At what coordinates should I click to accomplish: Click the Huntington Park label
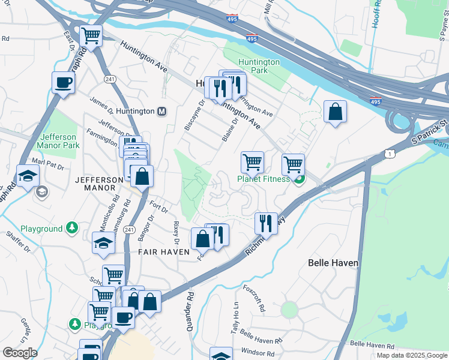[259, 66]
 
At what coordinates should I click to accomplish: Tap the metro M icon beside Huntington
[161, 111]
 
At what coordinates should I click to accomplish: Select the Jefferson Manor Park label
[58, 141]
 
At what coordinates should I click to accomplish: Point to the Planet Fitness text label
[263, 179]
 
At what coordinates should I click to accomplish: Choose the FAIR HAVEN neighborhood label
[165, 252]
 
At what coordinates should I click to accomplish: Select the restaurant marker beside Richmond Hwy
[265, 223]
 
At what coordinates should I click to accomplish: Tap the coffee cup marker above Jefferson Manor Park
[63, 83]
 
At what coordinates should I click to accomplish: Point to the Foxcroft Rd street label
[255, 298]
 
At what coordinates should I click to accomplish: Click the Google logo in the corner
[20, 353]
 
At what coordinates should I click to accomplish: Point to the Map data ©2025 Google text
[412, 355]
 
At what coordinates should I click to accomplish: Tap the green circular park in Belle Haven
[289, 310]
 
